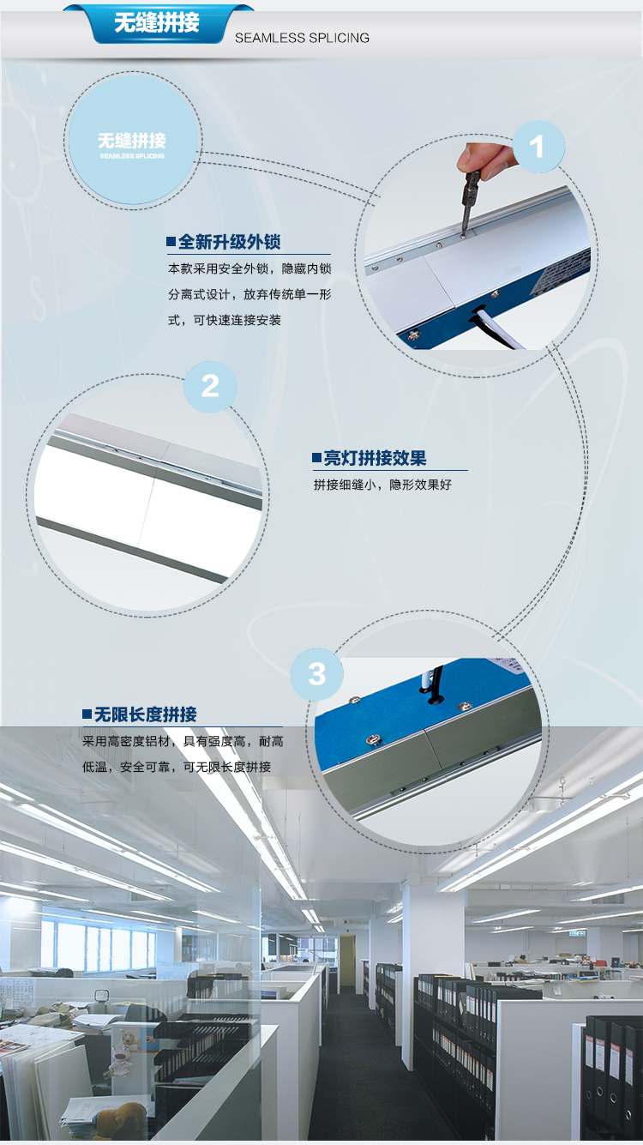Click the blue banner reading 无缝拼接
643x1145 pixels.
[158, 23]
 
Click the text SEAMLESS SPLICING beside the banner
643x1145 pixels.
[302, 38]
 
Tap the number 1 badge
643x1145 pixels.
[538, 147]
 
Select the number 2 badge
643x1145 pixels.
[210, 387]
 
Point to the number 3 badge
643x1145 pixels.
[317, 674]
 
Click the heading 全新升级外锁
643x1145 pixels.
[230, 242]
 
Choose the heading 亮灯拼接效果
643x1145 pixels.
[375, 458]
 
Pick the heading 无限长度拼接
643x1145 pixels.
[146, 714]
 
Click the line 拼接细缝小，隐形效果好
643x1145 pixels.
[382, 485]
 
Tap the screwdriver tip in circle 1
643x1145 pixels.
[463, 236]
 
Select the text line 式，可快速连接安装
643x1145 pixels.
[225, 321]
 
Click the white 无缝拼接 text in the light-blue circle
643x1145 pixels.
[132, 140]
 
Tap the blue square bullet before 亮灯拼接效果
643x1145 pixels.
[317, 457]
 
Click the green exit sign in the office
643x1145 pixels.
[577, 933]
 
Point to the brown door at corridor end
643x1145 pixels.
[346, 960]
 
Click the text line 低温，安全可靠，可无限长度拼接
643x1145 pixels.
[177, 767]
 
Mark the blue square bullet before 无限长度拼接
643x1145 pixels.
[87, 714]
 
